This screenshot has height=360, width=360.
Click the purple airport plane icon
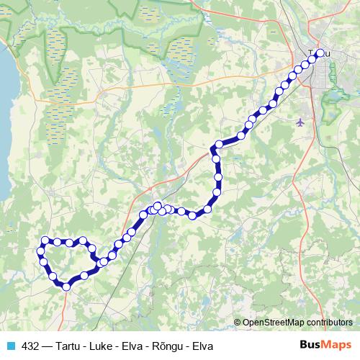coord(300,122)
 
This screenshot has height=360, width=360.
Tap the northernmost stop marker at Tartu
coord(320,53)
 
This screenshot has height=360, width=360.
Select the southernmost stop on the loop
coord(66,287)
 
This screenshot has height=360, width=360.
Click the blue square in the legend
coord(10,346)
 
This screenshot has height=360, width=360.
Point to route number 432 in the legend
coord(31,346)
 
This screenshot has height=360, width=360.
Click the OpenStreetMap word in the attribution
coord(274,322)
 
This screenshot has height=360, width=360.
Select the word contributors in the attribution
coord(330,322)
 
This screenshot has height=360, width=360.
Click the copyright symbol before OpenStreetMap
coord(238,322)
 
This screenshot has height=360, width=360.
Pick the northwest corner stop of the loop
coord(45,240)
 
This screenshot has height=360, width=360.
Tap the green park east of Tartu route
coord(333,108)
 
